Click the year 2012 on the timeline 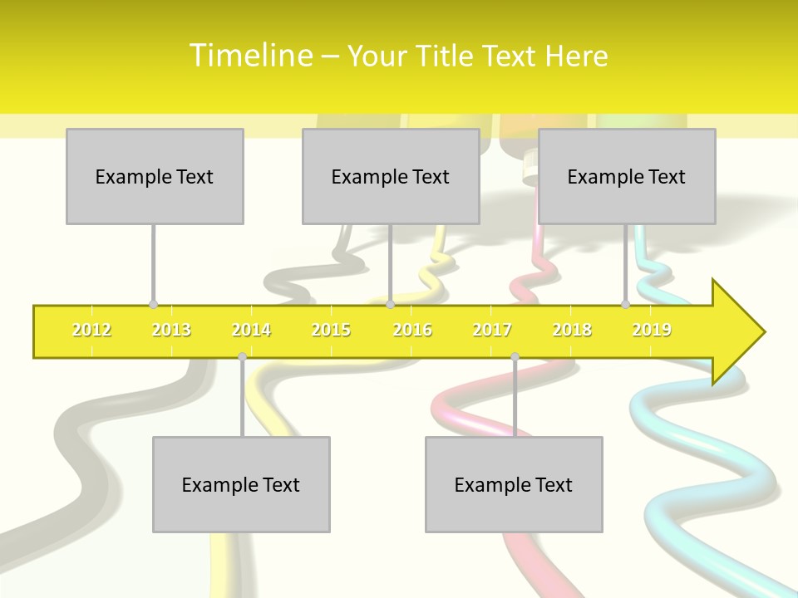pos(91,331)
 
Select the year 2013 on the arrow pos(171,331)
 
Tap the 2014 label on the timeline pos(251,331)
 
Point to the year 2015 pos(331,331)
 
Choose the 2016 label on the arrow pos(412,331)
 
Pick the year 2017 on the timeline pos(492,331)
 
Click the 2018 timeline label pos(572,331)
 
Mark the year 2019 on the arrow pos(652,331)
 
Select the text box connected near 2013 pos(155,176)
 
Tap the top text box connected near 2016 pos(391,176)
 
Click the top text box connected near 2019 pos(627,176)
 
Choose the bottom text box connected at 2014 pos(241,484)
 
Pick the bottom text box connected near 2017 pos(514,484)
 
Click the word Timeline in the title pos(250,56)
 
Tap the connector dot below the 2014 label pos(242,356)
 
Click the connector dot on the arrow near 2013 pos(153,305)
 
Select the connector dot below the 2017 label pos(515,356)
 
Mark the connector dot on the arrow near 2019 pos(626,305)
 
